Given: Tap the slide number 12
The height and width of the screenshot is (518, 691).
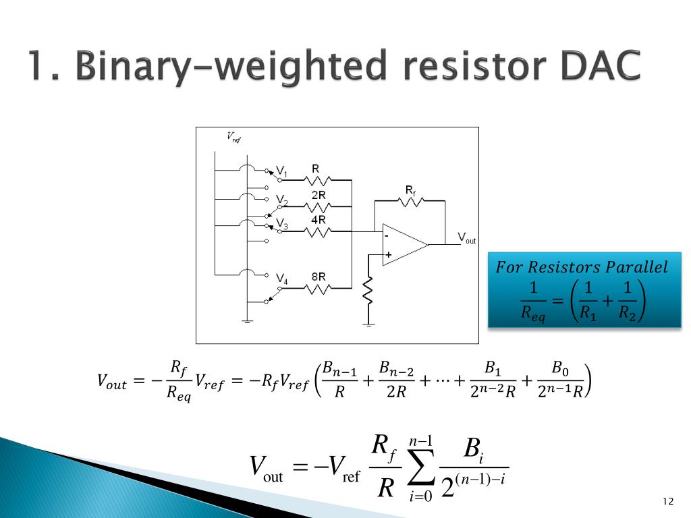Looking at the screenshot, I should click(669, 501).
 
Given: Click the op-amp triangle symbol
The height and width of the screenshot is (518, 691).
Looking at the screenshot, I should click(404, 244).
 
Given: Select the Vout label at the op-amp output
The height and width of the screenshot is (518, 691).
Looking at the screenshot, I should click(467, 237).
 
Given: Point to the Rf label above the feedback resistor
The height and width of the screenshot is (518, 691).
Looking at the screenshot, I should click(410, 190).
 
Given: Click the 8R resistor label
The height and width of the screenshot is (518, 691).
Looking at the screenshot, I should click(318, 277).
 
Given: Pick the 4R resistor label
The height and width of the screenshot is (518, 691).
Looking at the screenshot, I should click(318, 219).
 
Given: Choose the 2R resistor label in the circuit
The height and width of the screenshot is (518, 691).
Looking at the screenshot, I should click(318, 194).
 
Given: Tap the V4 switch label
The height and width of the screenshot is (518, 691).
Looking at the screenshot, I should click(282, 280).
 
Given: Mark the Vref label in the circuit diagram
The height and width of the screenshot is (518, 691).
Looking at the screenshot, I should click(233, 138).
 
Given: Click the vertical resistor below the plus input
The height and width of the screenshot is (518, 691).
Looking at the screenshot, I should click(368, 290).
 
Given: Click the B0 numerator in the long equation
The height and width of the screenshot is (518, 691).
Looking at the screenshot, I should click(559, 368).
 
